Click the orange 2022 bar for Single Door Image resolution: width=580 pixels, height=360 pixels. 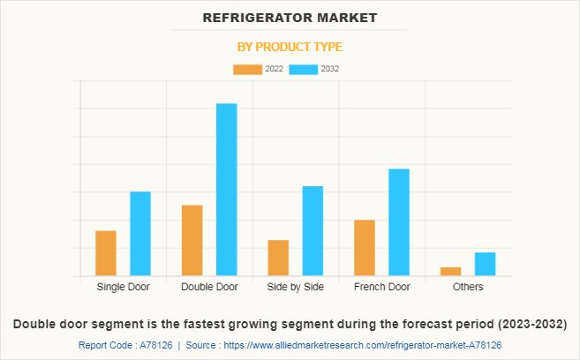pos(106,253)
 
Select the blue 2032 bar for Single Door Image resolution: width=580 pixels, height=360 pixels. pos(140,234)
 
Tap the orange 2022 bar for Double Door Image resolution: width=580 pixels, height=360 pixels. pos(192,240)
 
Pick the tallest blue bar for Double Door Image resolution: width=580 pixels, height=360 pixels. pos(227,190)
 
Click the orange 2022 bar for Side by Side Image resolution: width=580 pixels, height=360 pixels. pos(278,258)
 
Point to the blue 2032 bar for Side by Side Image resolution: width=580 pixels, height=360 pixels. pos(313,231)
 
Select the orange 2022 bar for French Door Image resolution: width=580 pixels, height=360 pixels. pos(364,248)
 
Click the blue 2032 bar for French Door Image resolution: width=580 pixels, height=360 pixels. pos(399,222)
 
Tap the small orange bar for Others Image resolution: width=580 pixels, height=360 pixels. pos(450,271)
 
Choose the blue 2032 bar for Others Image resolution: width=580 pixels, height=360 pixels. pos(485,264)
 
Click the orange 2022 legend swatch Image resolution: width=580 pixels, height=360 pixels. pos(247,69)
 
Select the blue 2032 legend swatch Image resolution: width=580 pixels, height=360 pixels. pos(304,69)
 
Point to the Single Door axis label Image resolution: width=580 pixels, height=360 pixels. pos(124,288)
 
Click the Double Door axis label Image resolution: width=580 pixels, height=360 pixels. pos(209,288)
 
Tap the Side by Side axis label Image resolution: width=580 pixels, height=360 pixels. pos(295,288)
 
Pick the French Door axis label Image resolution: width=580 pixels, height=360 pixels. pos(381,288)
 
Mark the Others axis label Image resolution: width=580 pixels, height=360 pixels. pos(468,288)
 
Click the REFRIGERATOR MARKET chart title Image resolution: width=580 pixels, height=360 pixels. pos(290,18)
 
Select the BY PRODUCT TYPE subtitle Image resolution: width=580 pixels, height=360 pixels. pos(290,47)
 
